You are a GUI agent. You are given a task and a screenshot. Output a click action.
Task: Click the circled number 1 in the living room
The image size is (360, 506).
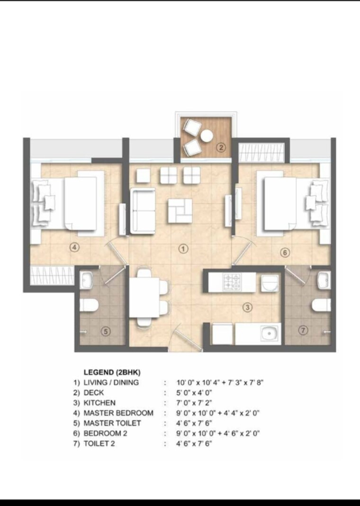tap(183, 248)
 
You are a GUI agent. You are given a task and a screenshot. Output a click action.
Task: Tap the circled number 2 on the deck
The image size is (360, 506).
tap(221, 147)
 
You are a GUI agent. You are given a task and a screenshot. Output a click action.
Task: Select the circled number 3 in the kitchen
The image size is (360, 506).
tap(247, 307)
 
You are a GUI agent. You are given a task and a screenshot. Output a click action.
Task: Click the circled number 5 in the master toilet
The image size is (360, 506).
tap(106, 332)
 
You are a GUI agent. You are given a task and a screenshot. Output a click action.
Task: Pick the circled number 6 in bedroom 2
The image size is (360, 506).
tap(285, 253)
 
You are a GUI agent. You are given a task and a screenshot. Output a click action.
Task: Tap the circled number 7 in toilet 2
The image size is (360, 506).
tap(303, 330)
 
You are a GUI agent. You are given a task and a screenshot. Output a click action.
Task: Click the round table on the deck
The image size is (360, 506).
tap(206, 136)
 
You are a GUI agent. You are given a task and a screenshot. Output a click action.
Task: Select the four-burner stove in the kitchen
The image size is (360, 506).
tap(232, 282)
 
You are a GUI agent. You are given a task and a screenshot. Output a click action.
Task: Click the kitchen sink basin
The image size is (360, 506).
tap(269, 334)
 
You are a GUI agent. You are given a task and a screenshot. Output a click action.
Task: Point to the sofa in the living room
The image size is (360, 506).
tap(143, 210)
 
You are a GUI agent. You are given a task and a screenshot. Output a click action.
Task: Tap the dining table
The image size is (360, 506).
tap(144, 298)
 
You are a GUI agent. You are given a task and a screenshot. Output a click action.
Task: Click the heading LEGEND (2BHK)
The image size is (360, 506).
tap(112, 372)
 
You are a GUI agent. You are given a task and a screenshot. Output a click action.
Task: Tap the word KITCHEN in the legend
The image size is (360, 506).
tap(99, 403)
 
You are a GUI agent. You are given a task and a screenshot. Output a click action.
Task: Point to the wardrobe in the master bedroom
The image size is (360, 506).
tap(52, 276)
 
